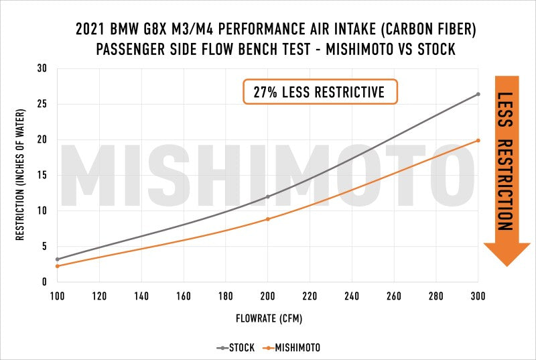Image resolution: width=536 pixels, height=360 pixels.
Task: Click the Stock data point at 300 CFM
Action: point(478,94)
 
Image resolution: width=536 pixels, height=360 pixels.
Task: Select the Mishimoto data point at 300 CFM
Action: point(478,140)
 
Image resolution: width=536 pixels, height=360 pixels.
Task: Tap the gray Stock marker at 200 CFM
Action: point(268,196)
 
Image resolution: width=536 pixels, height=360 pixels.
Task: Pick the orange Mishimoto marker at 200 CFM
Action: point(268,219)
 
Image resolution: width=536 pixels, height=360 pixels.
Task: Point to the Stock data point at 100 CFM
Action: point(58,259)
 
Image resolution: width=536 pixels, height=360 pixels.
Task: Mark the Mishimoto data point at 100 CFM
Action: point(58,266)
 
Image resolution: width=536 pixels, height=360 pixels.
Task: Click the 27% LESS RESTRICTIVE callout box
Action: point(320,92)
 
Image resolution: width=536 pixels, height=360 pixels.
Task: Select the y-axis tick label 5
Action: point(44,246)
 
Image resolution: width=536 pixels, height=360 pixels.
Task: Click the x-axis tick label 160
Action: point(184,295)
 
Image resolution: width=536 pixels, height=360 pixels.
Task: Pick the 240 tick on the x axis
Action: point(352,295)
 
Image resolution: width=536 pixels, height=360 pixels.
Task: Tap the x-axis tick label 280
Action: point(435,295)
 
